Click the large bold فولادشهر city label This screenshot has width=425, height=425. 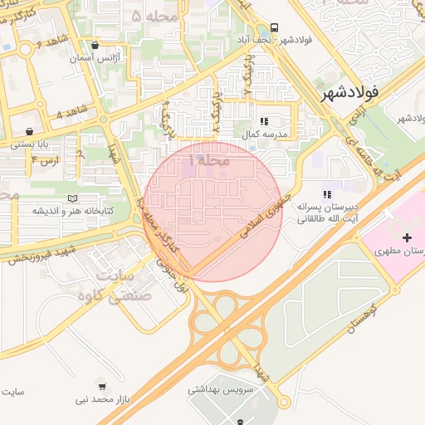tap(364, 93)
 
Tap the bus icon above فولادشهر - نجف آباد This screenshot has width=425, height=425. tap(276, 27)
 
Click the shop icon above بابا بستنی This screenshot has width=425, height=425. tap(30, 131)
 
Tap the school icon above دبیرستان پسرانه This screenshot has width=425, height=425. tap(325, 184)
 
